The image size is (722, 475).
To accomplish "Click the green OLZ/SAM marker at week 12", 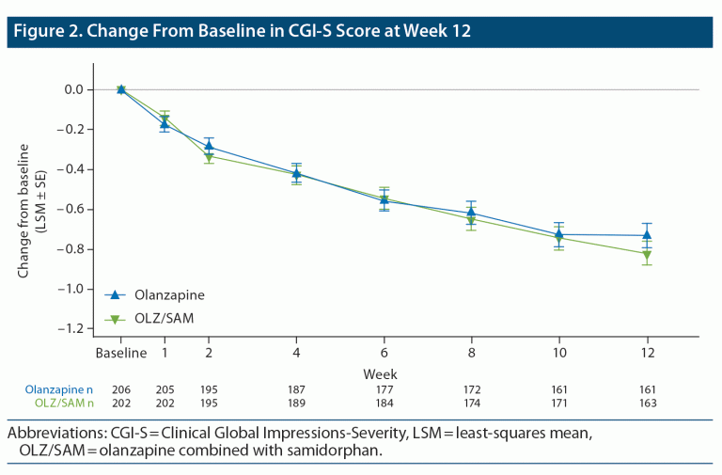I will pyautogui.click(x=647, y=254).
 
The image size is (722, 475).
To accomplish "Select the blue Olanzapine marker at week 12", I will pyautogui.click(x=647, y=235).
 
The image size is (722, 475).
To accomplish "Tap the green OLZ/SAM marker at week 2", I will pyautogui.click(x=209, y=157).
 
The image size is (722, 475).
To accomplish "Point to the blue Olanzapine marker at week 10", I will pyautogui.click(x=558, y=234).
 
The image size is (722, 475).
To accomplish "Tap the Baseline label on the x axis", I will pyautogui.click(x=120, y=354).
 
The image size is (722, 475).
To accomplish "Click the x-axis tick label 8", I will pyautogui.click(x=471, y=354).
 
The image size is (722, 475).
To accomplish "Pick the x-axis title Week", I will pyautogui.click(x=380, y=373).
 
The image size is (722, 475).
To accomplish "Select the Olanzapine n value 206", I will pyautogui.click(x=121, y=389).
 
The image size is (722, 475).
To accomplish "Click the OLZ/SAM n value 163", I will pyautogui.click(x=647, y=403).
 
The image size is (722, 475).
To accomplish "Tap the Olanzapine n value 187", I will pyautogui.click(x=296, y=389).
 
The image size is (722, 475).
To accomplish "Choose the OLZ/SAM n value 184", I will pyautogui.click(x=384, y=403).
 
